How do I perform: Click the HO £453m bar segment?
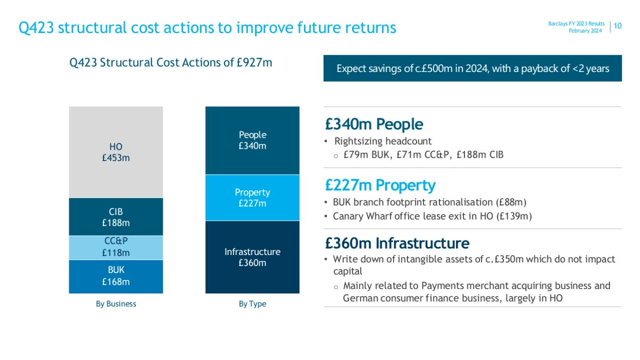(116, 152)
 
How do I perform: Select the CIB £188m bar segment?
(116, 217)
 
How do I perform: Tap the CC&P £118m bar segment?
(116, 247)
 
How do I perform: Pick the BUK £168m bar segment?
(116, 277)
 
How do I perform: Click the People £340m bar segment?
(252, 141)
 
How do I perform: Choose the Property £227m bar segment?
(252, 198)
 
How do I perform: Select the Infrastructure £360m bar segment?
(252, 257)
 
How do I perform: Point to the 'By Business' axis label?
(116, 303)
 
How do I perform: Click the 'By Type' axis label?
(252, 303)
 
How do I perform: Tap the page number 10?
(618, 26)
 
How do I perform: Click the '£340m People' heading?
(374, 124)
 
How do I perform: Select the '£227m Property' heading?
(380, 185)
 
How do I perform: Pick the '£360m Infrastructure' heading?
(397, 243)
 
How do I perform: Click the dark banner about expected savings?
(473, 68)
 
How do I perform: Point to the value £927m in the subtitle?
(254, 62)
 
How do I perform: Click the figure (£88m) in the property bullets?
(511, 202)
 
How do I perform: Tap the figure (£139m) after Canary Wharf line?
(514, 217)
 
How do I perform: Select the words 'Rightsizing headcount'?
(383, 141)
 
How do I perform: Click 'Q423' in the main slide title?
(36, 28)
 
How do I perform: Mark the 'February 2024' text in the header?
(585, 30)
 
